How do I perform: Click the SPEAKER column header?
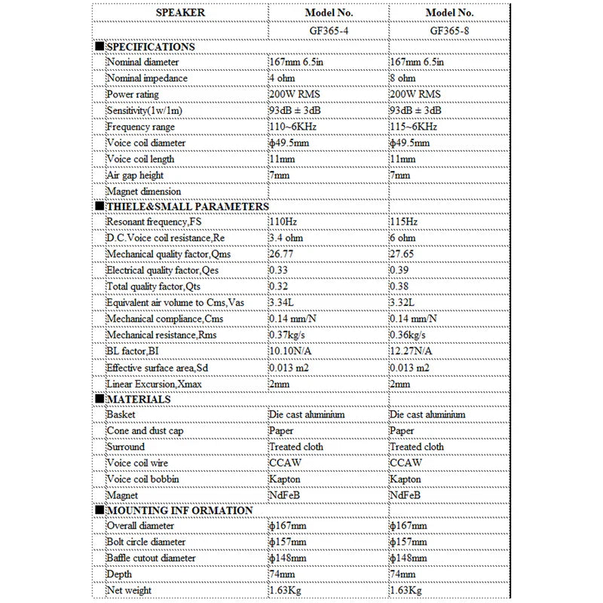179,13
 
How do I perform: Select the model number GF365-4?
329,31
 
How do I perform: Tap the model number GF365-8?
449,31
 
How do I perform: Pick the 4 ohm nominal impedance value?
283,78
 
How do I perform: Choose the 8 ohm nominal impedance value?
403,78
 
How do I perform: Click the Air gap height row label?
135,175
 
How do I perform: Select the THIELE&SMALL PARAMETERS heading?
186,206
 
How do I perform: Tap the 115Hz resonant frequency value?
404,222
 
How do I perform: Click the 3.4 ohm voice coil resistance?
286,238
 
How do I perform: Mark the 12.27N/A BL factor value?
413,350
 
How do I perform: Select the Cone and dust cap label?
145,430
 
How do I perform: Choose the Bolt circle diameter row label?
146,542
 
